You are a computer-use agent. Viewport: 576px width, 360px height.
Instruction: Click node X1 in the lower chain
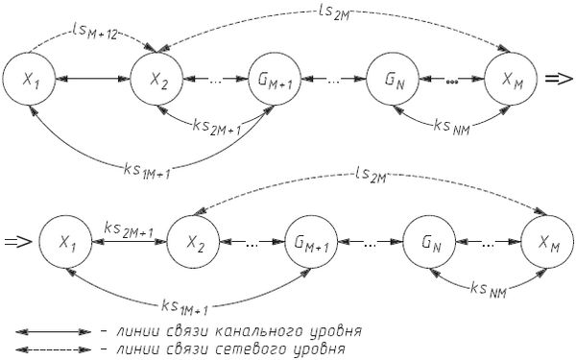coord(65,240)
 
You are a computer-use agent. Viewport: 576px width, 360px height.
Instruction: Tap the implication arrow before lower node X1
coord(18,241)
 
